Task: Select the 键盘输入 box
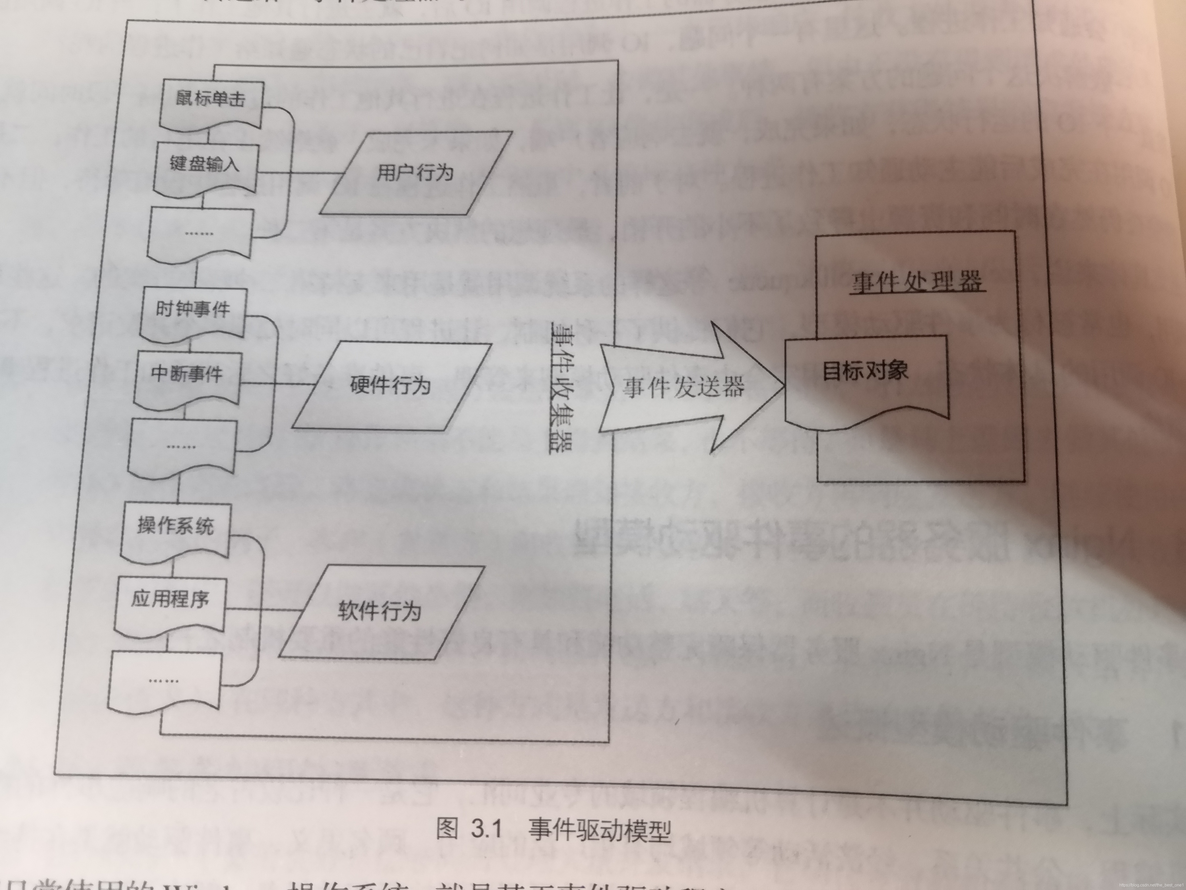(x=205, y=166)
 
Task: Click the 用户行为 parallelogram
(x=415, y=173)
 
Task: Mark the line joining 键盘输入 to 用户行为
(x=300, y=173)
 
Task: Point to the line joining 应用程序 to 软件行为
(x=263, y=610)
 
